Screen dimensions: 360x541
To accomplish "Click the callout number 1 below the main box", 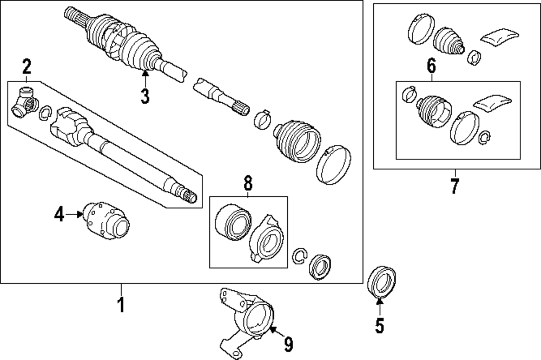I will point(121,304).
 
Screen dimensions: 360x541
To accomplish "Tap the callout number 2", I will point(27,67).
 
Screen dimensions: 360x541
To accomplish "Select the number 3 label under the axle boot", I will point(144,96).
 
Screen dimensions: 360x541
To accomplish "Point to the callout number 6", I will point(431,66).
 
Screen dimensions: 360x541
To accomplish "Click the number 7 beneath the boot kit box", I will point(454,186).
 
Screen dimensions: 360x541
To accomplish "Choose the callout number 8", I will point(248,183).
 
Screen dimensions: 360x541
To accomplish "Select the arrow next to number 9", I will point(275,330).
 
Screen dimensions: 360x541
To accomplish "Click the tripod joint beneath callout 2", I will point(24,102).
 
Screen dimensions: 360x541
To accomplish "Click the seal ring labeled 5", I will point(382,281).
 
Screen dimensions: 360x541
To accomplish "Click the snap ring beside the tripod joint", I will point(45,112).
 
